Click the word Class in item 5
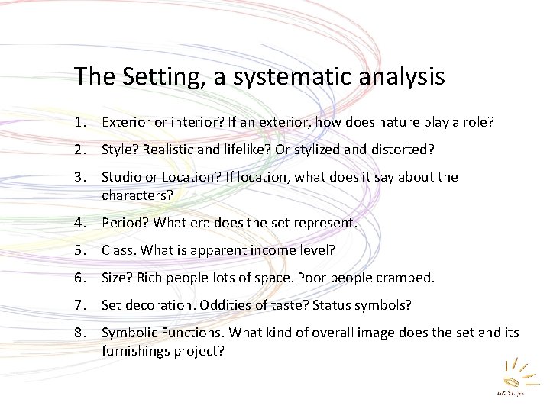(117, 250)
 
